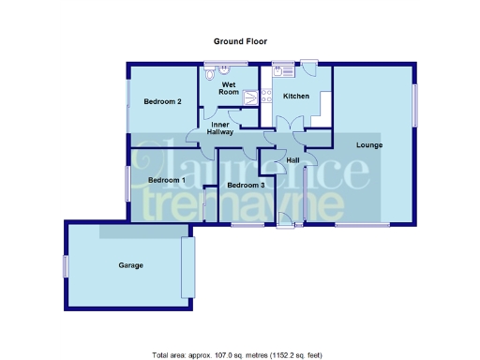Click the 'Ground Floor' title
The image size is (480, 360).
pos(241,42)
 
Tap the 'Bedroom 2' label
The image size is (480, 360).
pos(162,101)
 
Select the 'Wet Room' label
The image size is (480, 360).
pos(229,89)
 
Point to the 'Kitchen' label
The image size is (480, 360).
pos(296,96)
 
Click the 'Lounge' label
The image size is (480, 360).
pos(367,144)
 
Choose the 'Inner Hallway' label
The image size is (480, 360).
pos(221,128)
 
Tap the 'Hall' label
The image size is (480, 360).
pos(292,160)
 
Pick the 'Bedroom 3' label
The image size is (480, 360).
pos(246,185)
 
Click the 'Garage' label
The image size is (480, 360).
pos(130,265)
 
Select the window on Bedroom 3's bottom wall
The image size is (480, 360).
pos(247,225)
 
